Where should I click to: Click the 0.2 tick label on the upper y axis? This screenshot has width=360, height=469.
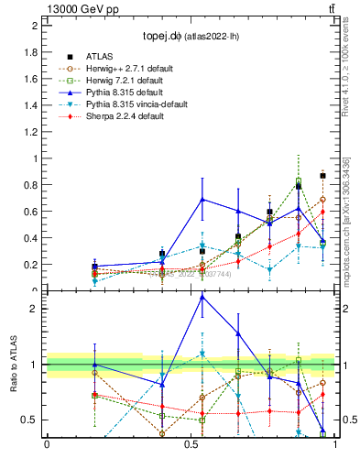(x=33, y=265)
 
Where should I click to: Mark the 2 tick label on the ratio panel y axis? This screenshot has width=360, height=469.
(x=35, y=309)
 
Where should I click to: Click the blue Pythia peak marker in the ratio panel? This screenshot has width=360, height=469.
(x=202, y=297)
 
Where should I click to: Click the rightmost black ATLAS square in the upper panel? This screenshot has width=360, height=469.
(x=322, y=175)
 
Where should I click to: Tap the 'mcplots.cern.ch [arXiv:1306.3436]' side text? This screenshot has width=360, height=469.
(x=349, y=221)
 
